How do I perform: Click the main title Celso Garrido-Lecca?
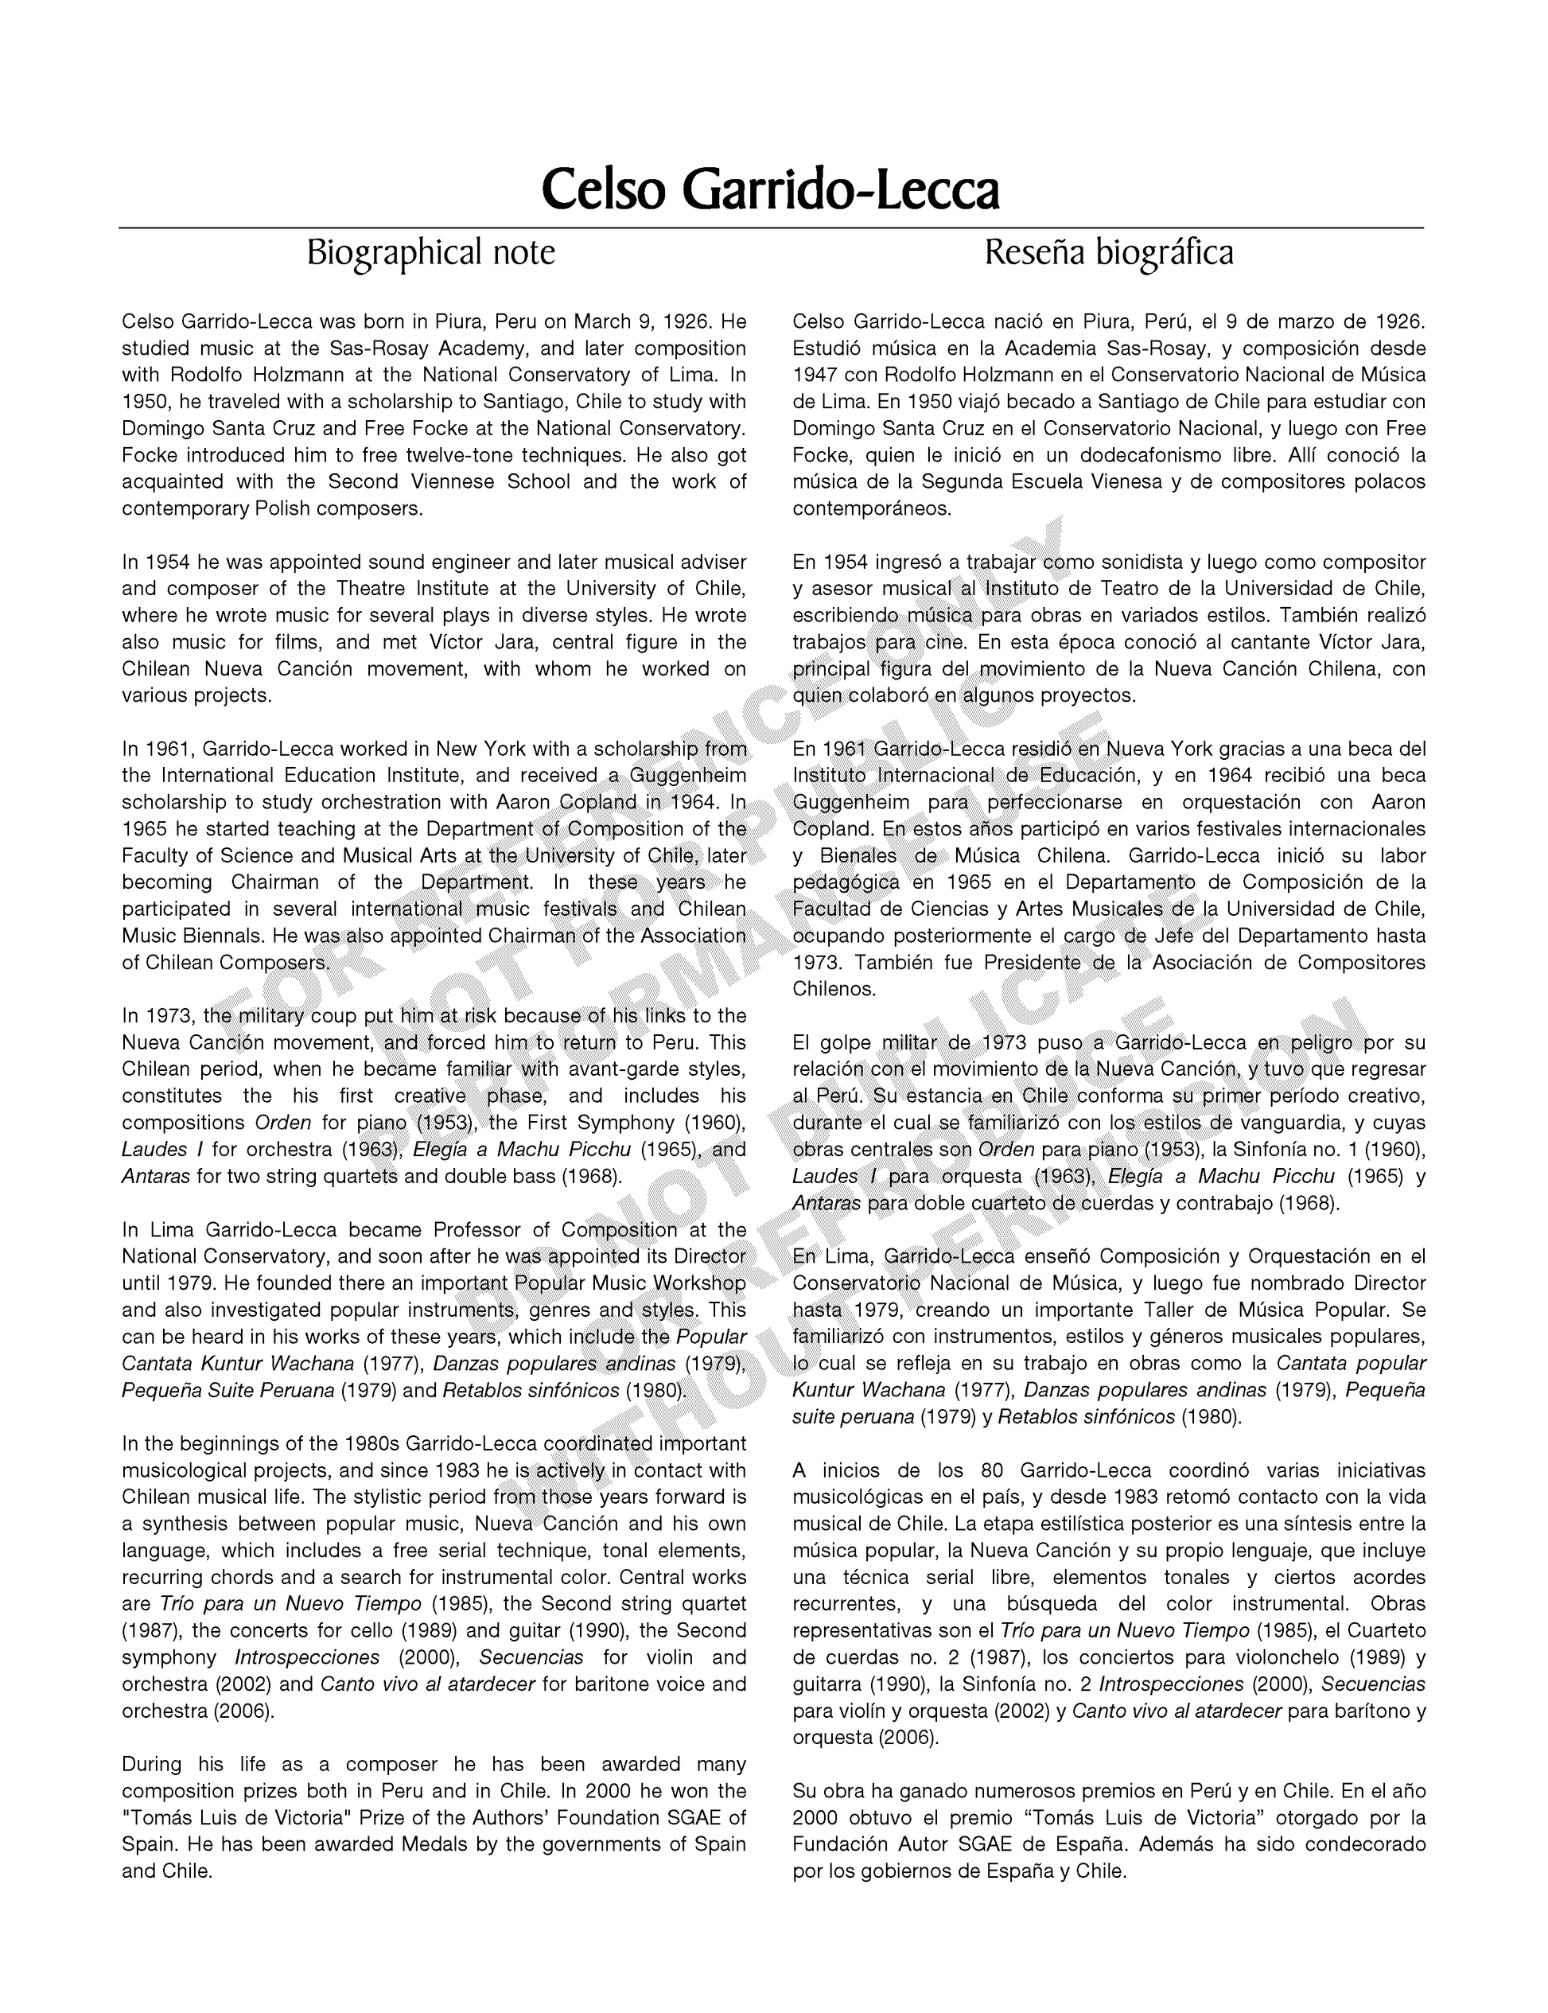[770, 190]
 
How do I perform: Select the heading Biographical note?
[430, 251]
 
